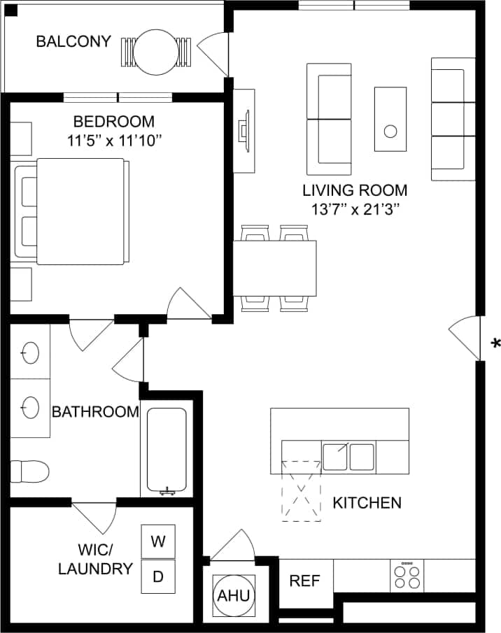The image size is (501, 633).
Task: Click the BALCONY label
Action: [73, 41]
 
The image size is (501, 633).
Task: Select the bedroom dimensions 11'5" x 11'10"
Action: [114, 141]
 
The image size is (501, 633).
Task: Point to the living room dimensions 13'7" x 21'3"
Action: [355, 208]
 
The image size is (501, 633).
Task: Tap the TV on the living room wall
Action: [244, 131]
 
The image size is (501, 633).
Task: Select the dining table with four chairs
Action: [274, 268]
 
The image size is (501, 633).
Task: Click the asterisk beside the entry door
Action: [495, 343]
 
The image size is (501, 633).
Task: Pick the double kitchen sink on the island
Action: [348, 456]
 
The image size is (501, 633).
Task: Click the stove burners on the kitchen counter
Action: [407, 576]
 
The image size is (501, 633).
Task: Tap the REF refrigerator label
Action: [304, 581]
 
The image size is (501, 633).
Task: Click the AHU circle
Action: [233, 595]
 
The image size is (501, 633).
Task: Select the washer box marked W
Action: [158, 541]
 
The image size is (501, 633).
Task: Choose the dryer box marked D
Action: [158, 577]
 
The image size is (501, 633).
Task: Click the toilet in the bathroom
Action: [29, 471]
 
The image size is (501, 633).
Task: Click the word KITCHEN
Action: [367, 502]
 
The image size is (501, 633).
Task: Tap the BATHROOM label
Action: [95, 412]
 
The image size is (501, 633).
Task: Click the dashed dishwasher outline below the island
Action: [300, 490]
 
